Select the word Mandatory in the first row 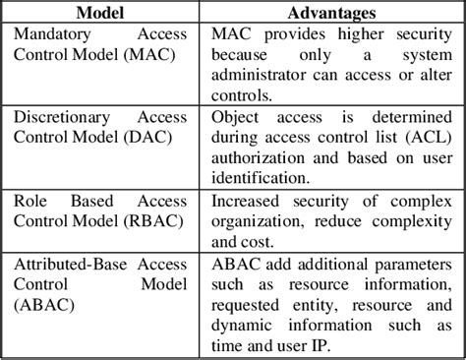[54, 34]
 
